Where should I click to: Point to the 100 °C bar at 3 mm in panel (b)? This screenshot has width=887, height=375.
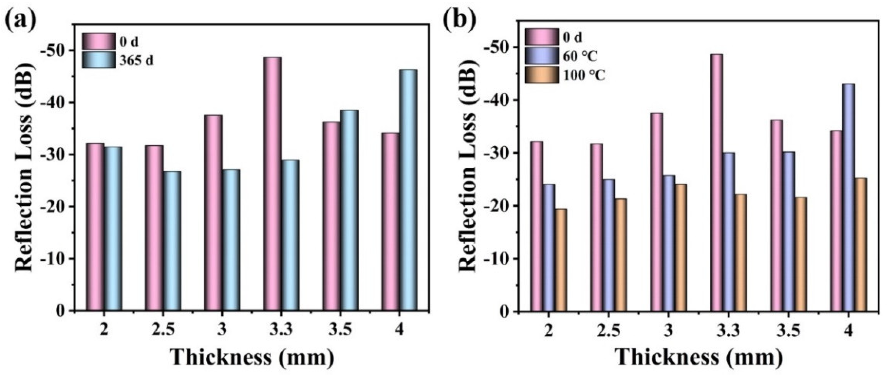[x=680, y=248]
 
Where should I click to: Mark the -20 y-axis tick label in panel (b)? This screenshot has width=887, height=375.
[x=497, y=206]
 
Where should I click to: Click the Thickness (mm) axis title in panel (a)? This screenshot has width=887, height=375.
[x=252, y=358]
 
